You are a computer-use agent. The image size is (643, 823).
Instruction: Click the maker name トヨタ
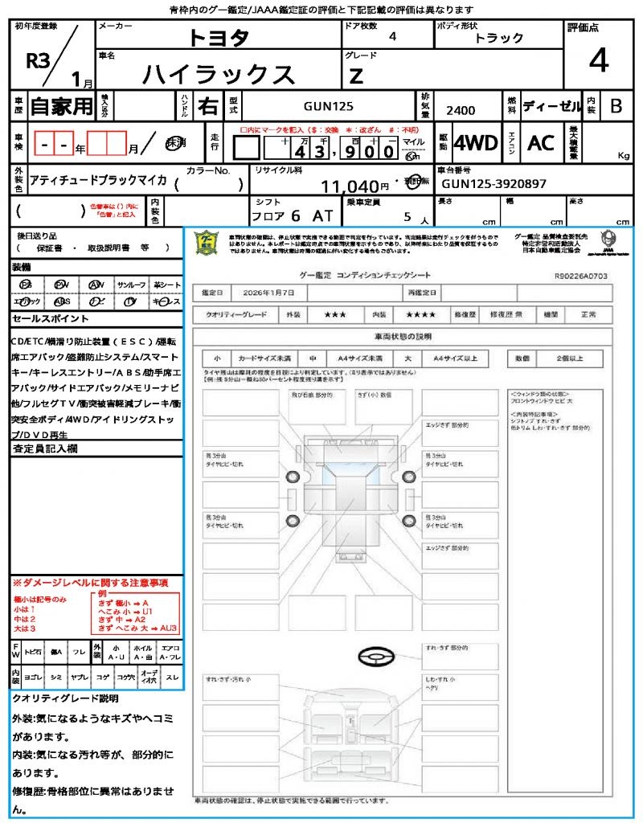pos(219,38)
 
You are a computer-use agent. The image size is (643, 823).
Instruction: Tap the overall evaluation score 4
pos(598,60)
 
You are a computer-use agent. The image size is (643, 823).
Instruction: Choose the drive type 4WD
pos(475,143)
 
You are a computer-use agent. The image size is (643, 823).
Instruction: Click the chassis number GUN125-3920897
pos(494,184)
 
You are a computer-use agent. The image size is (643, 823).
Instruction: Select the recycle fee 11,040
pos(350,186)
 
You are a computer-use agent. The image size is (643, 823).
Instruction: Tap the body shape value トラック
pos(498,38)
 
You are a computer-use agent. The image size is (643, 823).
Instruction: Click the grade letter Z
pos(355,76)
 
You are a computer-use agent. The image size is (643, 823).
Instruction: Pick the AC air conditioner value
pos(541,143)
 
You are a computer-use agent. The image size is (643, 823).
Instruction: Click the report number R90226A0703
pos(581,275)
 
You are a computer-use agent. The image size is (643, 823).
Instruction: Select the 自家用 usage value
pos(61,106)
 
